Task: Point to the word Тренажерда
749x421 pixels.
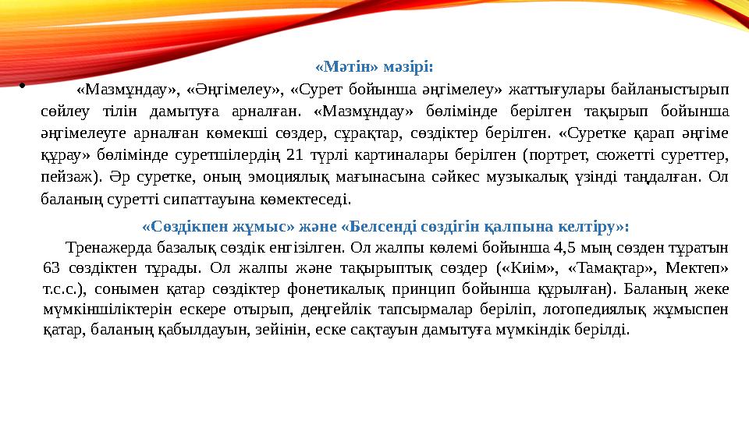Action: pos(110,249)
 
